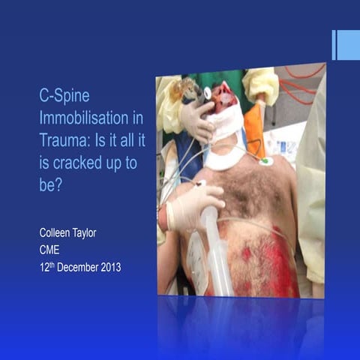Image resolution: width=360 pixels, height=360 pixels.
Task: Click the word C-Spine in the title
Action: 62,97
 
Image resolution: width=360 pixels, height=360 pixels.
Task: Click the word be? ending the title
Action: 50,184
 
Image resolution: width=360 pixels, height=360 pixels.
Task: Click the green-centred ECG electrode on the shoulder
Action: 265,160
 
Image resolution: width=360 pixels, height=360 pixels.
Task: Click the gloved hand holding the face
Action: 197,118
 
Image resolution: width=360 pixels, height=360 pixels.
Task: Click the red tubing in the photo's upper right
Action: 304,82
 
